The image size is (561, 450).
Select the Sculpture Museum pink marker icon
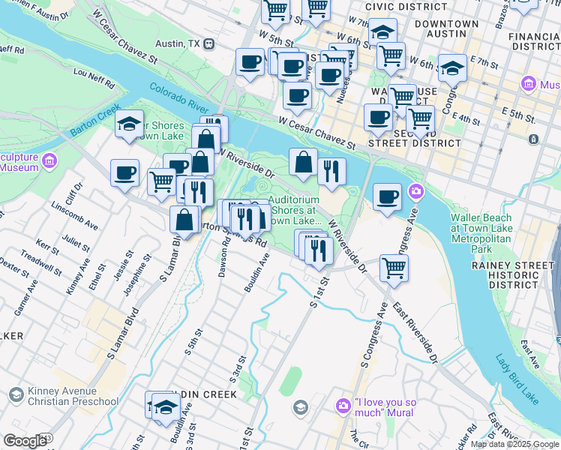coord(49,160)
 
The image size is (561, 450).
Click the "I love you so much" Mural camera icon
coord(343,406)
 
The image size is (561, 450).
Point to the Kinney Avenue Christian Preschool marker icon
coord(15,395)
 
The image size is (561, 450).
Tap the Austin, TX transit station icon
coord(208,43)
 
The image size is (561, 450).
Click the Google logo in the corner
coord(24,441)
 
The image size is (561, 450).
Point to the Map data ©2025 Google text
coord(514,444)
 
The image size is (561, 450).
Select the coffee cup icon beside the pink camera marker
coord(387,196)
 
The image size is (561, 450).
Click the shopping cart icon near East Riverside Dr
coord(394,267)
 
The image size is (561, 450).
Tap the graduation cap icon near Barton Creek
coord(130,124)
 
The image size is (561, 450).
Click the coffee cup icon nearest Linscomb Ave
coord(124,172)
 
